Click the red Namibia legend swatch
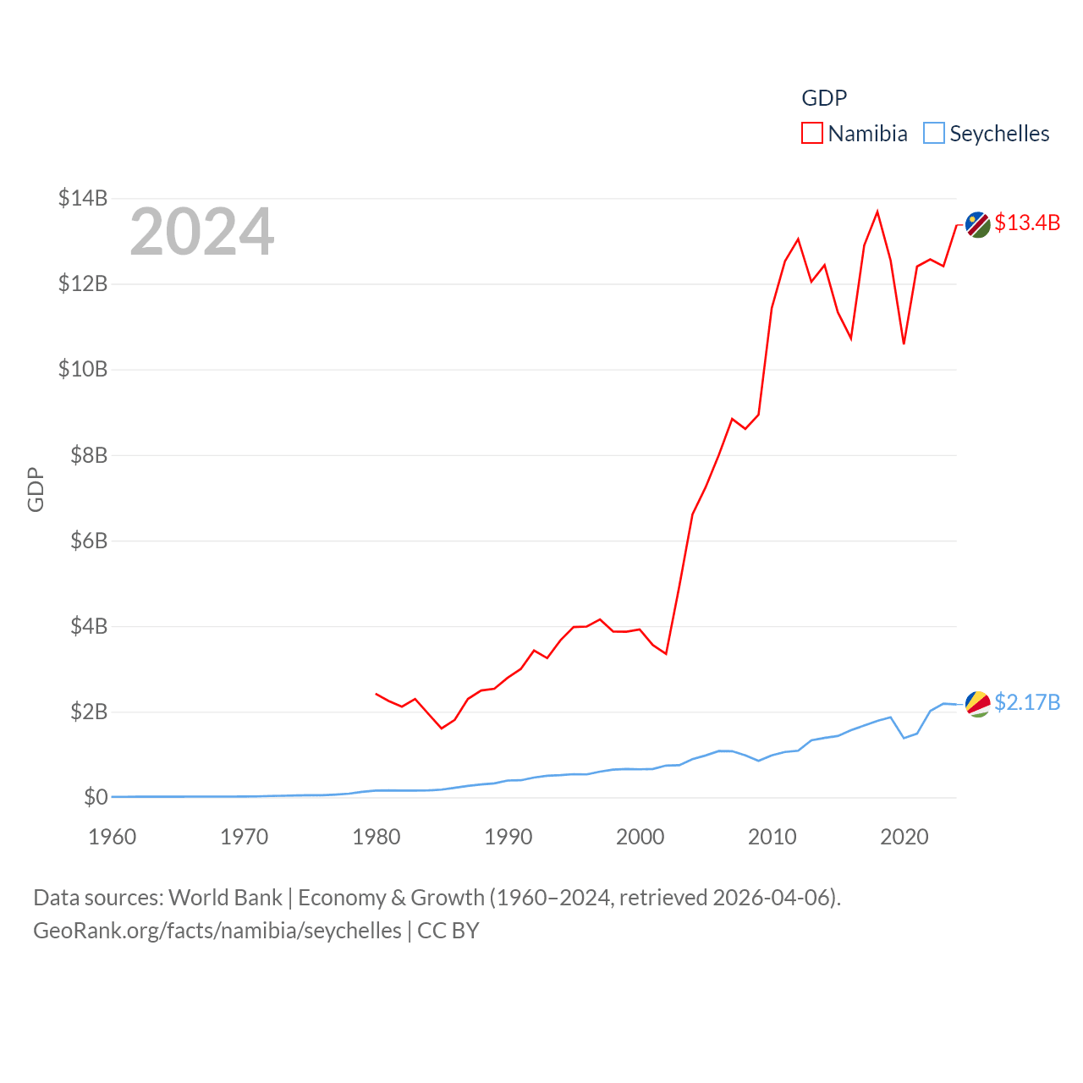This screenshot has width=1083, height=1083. pyautogui.click(x=812, y=134)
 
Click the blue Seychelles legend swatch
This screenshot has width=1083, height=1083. pyautogui.click(x=933, y=134)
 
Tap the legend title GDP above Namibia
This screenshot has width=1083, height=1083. pyautogui.click(x=824, y=98)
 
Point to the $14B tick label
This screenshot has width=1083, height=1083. pyautogui.click(x=83, y=198)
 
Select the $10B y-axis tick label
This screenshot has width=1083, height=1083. pyautogui.click(x=83, y=369)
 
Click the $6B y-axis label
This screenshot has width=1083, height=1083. pyautogui.click(x=89, y=541)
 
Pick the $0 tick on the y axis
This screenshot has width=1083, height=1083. pyautogui.click(x=96, y=797)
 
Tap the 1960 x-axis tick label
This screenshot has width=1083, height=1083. pyautogui.click(x=113, y=837)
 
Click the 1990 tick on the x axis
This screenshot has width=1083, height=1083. pyautogui.click(x=509, y=837)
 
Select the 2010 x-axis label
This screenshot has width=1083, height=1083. pyautogui.click(x=772, y=837)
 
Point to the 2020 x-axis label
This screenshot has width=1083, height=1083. pyautogui.click(x=904, y=837)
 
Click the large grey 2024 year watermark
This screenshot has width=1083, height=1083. pyautogui.click(x=202, y=232)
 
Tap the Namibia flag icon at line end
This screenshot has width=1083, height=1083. pyautogui.click(x=978, y=225)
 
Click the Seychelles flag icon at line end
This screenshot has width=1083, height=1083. pyautogui.click(x=978, y=704)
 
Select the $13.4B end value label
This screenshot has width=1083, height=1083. pyautogui.click(x=1027, y=223)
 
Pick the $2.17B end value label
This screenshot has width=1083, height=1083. pyautogui.click(x=1027, y=702)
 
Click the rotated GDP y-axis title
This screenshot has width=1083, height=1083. pyautogui.click(x=36, y=489)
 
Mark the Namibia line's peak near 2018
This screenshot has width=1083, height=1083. pyautogui.click(x=877, y=212)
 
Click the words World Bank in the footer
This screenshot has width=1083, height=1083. pyautogui.click(x=225, y=897)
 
